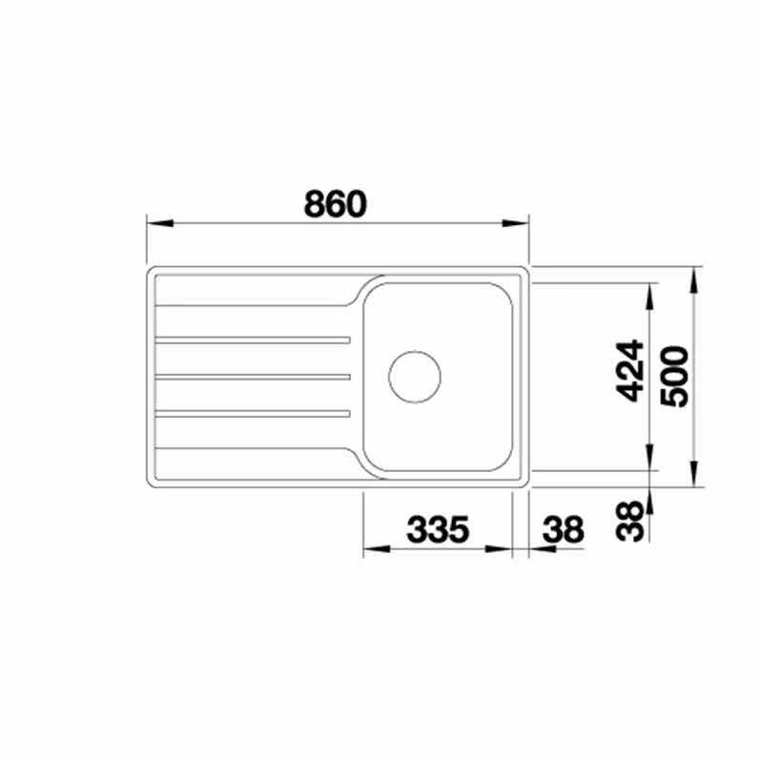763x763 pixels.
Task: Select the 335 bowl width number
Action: coord(439,529)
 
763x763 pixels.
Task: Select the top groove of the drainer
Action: coord(253,340)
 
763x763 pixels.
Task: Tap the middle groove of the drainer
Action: coord(253,376)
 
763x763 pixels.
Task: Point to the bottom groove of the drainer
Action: coord(253,413)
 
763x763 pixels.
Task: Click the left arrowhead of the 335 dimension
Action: coord(373,550)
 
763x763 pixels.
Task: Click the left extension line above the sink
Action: coord(146,238)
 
